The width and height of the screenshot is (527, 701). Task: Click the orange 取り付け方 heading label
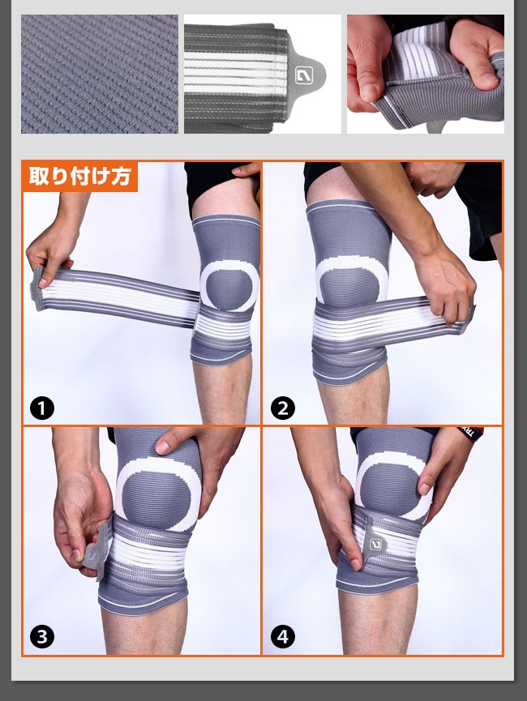click(x=79, y=176)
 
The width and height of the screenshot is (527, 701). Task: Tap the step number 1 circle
click(x=42, y=408)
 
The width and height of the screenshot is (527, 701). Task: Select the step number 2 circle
click(x=283, y=408)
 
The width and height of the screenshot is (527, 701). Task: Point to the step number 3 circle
click(x=42, y=637)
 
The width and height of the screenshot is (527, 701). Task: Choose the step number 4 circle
click(x=283, y=637)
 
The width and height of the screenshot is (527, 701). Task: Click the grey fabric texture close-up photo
click(x=99, y=75)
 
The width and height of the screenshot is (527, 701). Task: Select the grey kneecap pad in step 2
click(x=351, y=286)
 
